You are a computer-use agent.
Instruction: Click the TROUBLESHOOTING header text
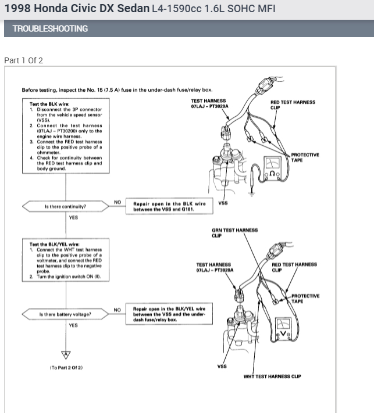click(50, 28)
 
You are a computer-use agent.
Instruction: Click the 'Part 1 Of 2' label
click(23, 60)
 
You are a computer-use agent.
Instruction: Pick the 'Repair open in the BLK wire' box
click(169, 206)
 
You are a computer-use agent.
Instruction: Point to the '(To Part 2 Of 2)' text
click(66, 367)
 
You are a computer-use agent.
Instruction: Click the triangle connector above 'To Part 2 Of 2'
click(66, 354)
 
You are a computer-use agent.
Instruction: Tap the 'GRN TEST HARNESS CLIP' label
click(234, 233)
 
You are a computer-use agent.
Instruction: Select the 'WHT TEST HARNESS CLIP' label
click(275, 376)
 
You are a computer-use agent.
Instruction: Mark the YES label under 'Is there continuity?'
click(73, 218)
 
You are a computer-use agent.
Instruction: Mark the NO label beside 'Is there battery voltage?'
click(117, 310)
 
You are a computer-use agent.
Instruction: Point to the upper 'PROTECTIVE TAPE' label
click(305, 157)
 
